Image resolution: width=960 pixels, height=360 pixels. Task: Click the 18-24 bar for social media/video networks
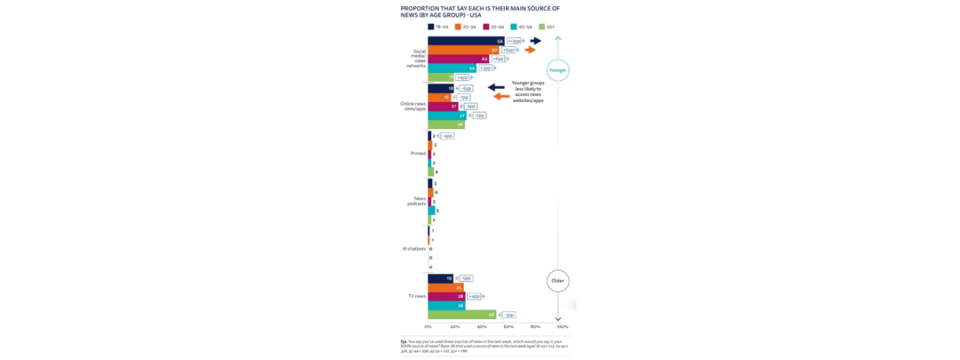coord(466,41)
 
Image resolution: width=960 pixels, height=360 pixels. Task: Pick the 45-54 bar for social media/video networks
coord(452,68)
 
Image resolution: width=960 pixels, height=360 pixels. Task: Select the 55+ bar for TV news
coord(461,314)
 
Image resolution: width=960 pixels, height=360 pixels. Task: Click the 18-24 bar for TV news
coord(440,278)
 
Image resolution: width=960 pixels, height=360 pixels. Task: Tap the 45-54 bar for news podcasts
coord(431,211)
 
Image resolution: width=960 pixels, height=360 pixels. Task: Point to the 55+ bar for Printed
coord(430,172)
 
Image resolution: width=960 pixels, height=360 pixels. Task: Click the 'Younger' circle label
coord(557,69)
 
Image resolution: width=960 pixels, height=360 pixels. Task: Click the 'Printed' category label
coord(417,154)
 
